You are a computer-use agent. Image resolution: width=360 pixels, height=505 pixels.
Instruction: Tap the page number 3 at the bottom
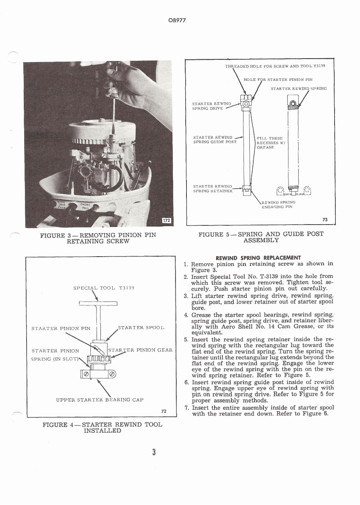[154, 452]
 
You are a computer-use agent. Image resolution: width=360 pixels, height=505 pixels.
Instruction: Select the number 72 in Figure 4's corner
[164, 411]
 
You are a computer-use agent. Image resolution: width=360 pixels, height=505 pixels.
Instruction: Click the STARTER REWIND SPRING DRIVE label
[212, 106]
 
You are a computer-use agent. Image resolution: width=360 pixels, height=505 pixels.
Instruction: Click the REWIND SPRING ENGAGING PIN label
[278, 204]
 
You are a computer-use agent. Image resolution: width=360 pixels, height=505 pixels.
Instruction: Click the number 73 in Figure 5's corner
[324, 219]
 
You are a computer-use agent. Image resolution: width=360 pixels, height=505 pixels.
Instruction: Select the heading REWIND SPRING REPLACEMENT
[258, 257]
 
